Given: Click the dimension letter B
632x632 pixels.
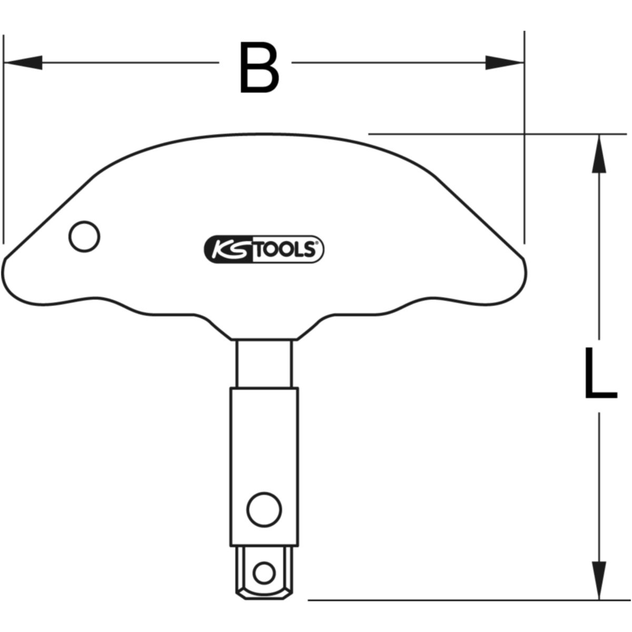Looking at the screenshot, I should click(259, 68).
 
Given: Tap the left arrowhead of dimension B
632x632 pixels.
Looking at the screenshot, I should click(23, 62).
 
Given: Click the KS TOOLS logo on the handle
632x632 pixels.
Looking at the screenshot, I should click(263, 249).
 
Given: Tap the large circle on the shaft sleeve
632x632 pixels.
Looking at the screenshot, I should click(264, 509).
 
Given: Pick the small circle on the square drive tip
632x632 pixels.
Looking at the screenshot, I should click(264, 571).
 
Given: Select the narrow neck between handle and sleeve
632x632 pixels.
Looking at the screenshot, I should click(263, 363).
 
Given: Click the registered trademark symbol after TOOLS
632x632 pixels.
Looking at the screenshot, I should click(316, 243).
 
